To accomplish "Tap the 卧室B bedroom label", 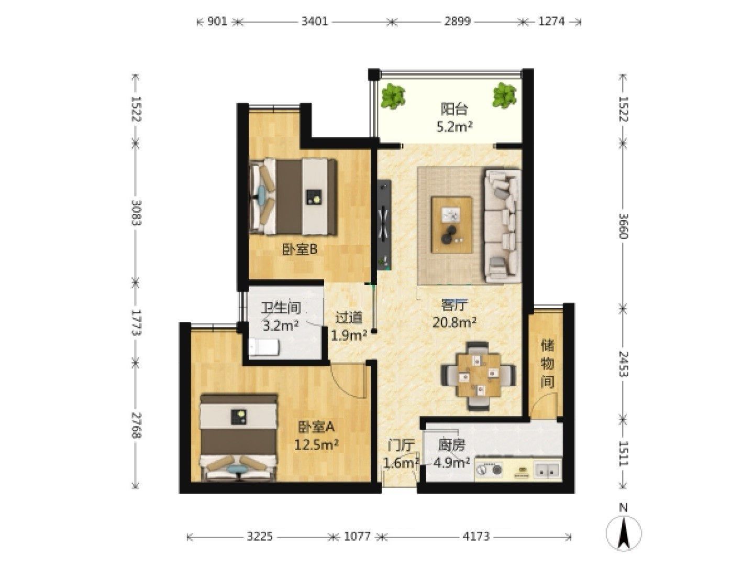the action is [300, 249].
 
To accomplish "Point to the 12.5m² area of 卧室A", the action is [317, 445].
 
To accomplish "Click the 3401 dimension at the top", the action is [314, 21].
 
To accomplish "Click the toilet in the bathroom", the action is [263, 347].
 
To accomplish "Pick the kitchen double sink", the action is [547, 470].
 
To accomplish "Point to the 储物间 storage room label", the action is [548, 363].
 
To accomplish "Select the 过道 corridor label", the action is [349, 318].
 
